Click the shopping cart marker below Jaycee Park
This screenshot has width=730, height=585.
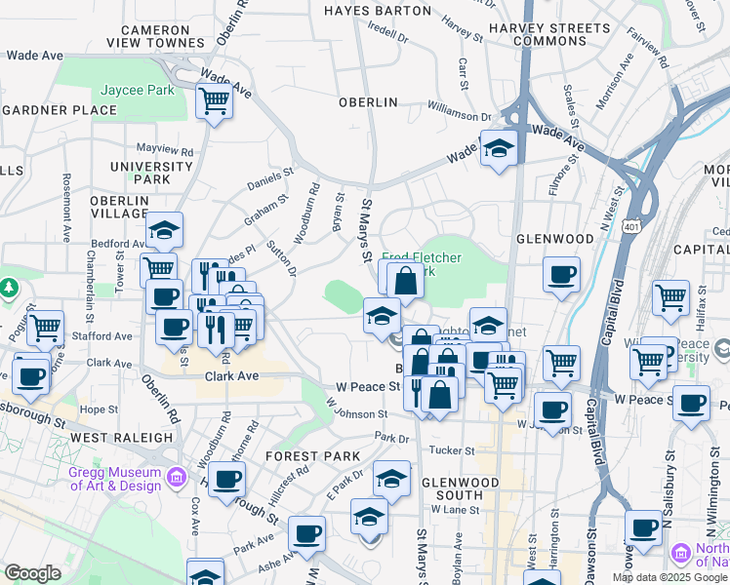click(x=214, y=100)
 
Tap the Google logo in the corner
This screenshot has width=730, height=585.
click(x=33, y=573)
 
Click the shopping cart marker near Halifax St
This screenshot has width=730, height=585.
click(x=670, y=298)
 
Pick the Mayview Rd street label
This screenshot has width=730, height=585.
click(x=165, y=150)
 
